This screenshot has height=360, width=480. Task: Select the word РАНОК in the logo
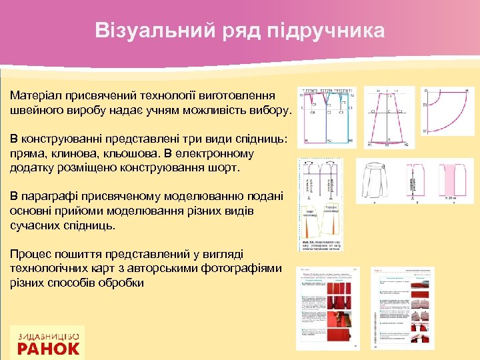(x=48, y=348)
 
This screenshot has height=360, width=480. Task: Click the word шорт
(x=223, y=167)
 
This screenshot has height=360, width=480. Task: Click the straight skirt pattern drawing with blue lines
(x=328, y=118)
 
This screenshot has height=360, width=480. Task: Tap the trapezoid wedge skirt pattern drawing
(x=388, y=118)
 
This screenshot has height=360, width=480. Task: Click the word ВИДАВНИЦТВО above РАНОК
(x=48, y=335)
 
